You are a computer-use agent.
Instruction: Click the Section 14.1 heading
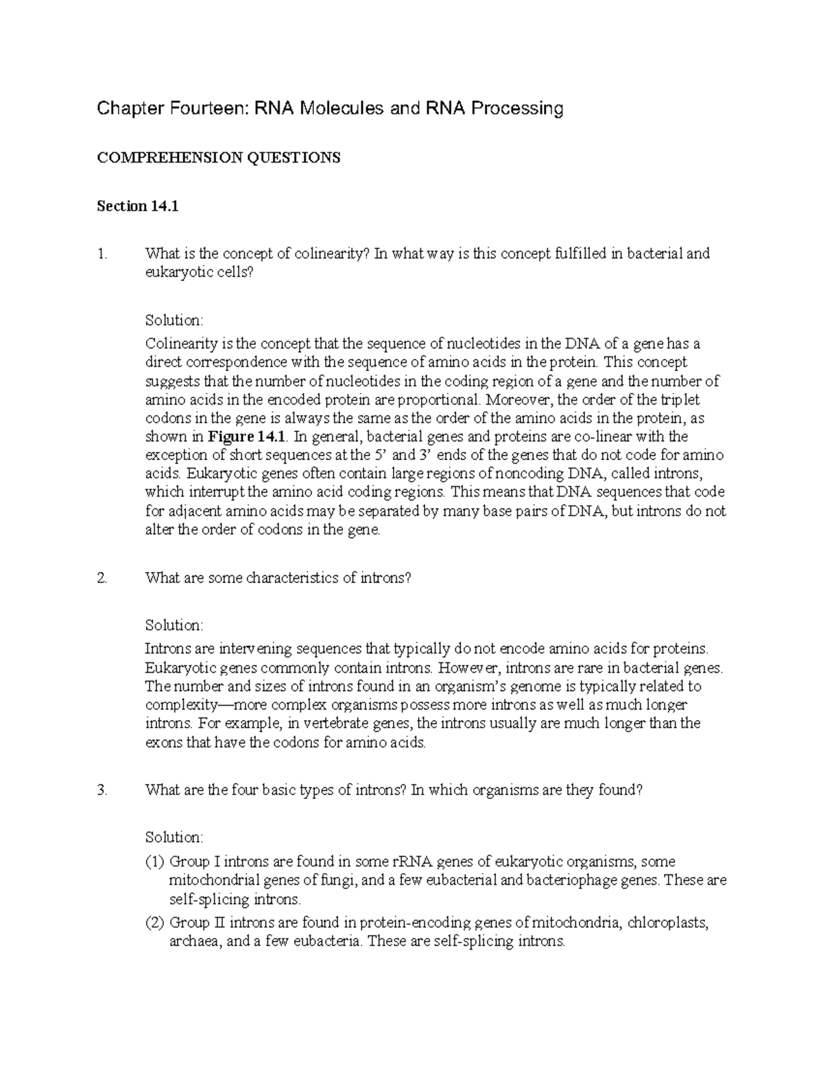point(138,206)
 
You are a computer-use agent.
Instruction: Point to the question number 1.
point(102,254)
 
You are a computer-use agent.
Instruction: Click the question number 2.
point(102,578)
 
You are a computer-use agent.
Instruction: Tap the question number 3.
point(102,790)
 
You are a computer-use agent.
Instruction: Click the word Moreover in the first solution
point(521,400)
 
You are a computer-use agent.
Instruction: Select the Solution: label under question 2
point(174,625)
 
